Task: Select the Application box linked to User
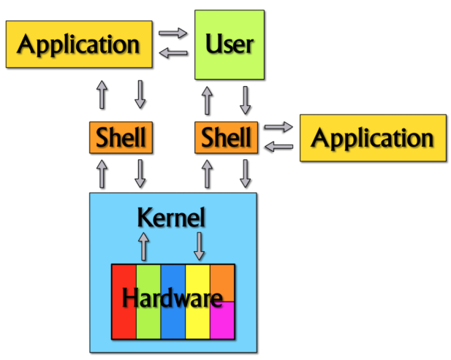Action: click(78, 45)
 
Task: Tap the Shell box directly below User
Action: click(226, 137)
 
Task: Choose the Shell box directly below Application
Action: click(121, 137)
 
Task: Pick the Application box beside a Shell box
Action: click(373, 138)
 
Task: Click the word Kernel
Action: click(173, 218)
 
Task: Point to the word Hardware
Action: click(173, 298)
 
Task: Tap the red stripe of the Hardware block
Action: click(124, 321)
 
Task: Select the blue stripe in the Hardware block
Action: click(173, 321)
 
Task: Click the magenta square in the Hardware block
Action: click(222, 321)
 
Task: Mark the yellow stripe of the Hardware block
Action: click(197, 321)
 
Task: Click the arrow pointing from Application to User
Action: click(173, 33)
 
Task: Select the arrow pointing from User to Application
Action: click(173, 52)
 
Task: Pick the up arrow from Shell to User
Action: click(208, 100)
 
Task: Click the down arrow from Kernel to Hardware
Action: click(199, 246)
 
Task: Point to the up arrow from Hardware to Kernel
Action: click(143, 246)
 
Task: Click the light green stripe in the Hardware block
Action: click(148, 321)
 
